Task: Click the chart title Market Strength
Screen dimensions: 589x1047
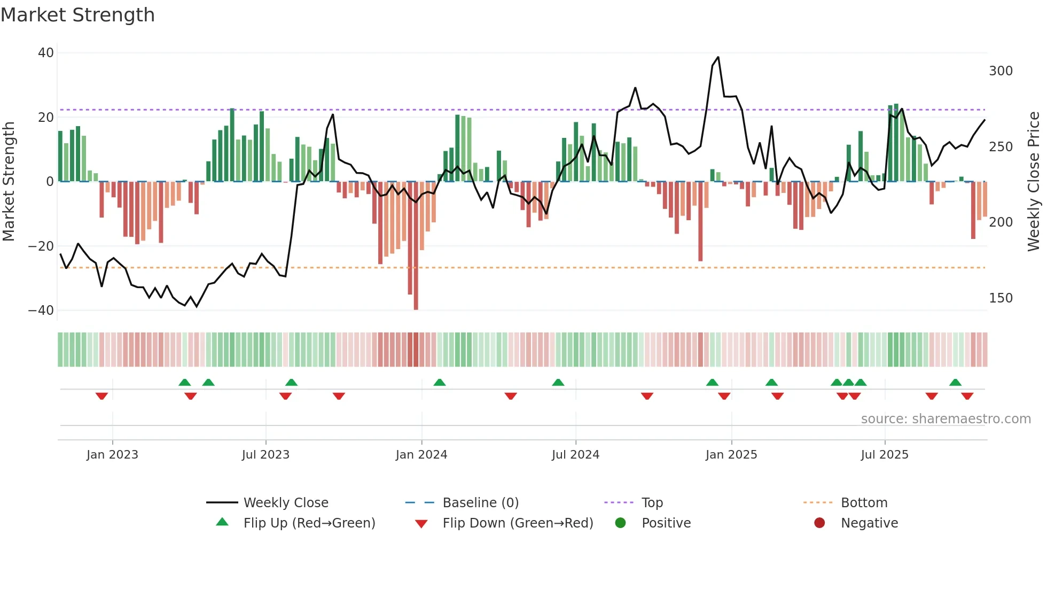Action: tap(77, 15)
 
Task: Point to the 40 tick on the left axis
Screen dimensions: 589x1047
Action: tap(46, 53)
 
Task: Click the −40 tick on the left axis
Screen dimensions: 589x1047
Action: tap(41, 311)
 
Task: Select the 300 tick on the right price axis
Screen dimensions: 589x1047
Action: tap(1001, 71)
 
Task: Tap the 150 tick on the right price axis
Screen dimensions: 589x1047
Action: tap(1001, 298)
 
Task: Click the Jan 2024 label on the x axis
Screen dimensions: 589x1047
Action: tap(421, 455)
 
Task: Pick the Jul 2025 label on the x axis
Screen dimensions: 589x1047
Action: tap(885, 455)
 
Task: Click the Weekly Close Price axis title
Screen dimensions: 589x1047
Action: tap(1034, 182)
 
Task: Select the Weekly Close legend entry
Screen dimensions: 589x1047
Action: tap(285, 503)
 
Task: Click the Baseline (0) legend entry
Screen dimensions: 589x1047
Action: tap(480, 503)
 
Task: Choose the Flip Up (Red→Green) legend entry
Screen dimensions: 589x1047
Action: tap(309, 523)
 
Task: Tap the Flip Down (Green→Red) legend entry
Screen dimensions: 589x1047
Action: tap(517, 523)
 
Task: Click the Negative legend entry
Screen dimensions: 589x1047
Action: tap(869, 523)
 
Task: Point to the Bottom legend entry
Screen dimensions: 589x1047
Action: tap(864, 503)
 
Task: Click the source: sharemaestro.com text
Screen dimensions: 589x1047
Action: tap(946, 419)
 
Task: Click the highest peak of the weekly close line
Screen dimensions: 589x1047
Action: tap(718, 57)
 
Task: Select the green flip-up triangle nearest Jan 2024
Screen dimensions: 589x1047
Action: tap(440, 382)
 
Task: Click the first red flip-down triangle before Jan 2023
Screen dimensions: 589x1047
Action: tap(101, 396)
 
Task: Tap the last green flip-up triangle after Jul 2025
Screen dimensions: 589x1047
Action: tap(955, 382)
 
